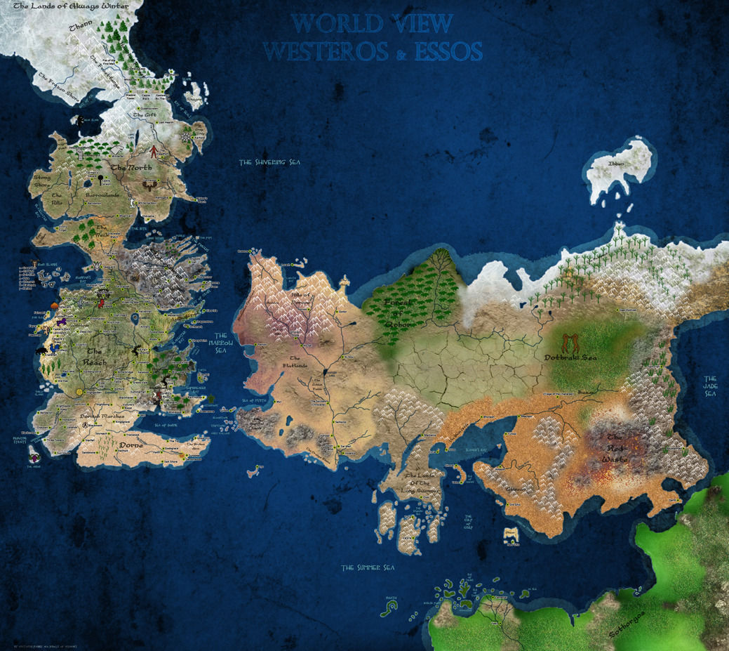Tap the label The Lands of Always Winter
[67, 7]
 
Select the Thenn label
[80, 29]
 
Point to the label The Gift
[145, 114]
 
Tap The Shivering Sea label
[269, 162]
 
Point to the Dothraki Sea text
[570, 357]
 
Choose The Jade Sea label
[711, 386]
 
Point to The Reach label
[97, 356]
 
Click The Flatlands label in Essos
[295, 362]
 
